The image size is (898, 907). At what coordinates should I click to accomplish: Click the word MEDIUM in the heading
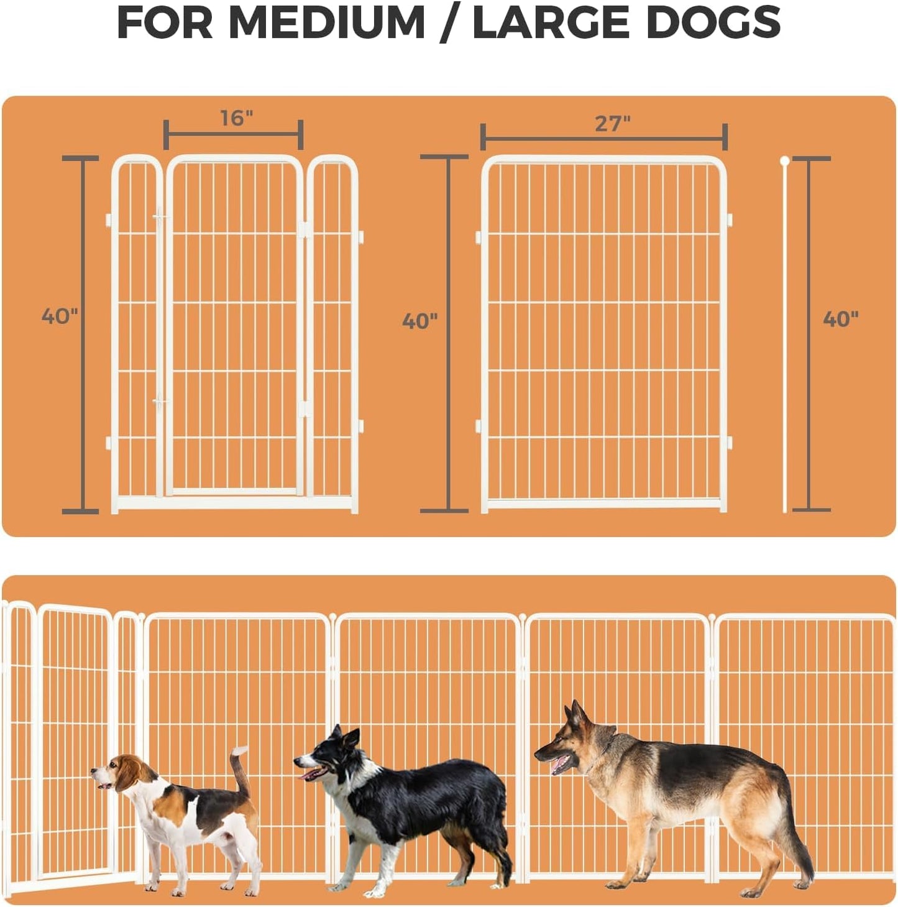[x=327, y=23]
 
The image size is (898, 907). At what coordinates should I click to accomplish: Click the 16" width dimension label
[x=237, y=117]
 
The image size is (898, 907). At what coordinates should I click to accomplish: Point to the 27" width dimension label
[x=612, y=123]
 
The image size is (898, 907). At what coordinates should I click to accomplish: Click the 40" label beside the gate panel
[x=60, y=316]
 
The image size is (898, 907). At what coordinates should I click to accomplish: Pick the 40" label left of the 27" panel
[x=419, y=321]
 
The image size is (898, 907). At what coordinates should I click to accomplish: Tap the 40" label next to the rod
[x=840, y=319]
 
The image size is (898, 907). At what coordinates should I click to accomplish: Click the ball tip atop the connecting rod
[x=785, y=161]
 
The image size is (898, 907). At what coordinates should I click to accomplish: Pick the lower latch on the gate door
[x=160, y=402]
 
